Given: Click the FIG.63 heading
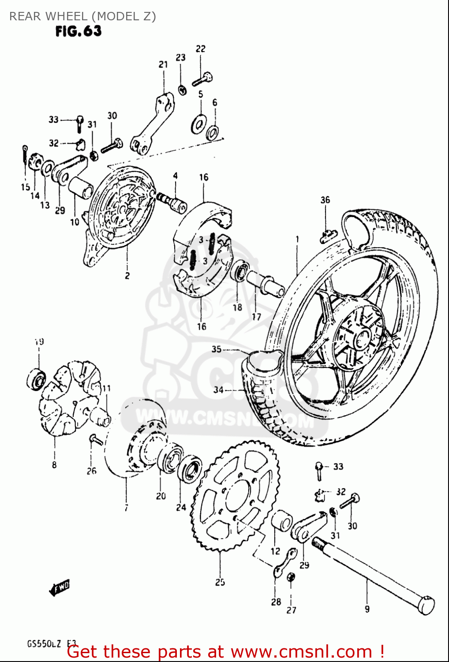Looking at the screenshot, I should tap(78, 31).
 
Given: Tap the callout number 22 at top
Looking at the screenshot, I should tap(200, 49).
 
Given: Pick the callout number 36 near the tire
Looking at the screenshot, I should tap(325, 200).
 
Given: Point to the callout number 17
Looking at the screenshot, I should tap(256, 316).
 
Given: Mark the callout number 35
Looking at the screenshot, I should tap(216, 349).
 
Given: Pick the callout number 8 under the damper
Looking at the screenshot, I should tap(54, 464).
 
